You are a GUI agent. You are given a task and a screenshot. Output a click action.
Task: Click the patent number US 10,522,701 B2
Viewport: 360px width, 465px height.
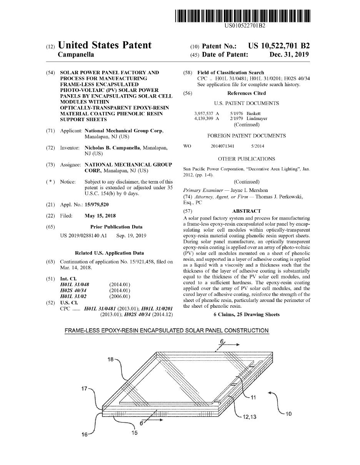point(278,46)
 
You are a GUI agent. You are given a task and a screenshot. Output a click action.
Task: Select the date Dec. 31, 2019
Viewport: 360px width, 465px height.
point(289,55)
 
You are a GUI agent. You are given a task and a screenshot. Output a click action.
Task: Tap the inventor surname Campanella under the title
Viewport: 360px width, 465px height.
point(76,55)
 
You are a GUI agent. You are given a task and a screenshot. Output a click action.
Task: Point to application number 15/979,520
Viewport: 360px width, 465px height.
point(97,205)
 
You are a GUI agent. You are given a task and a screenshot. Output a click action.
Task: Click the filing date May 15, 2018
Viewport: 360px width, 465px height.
point(100,216)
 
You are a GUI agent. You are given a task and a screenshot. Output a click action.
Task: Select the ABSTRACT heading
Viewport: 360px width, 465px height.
point(247,211)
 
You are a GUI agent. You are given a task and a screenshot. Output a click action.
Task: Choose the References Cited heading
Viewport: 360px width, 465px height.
point(246,93)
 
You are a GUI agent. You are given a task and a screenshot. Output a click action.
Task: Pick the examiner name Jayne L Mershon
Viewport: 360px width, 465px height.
point(249,190)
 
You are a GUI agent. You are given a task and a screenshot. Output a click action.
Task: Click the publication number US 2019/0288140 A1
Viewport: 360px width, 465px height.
point(83,235)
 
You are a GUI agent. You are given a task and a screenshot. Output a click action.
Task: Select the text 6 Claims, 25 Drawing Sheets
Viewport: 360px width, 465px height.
point(247,315)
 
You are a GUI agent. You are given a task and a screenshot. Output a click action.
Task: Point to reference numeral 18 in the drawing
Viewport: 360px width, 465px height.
point(110,359)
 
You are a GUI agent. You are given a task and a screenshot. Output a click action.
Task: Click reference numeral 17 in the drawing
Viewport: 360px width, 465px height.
point(84,388)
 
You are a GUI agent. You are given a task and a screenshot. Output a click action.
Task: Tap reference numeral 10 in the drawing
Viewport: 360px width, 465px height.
point(288,414)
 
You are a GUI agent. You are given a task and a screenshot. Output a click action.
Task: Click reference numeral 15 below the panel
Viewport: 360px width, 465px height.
point(134,433)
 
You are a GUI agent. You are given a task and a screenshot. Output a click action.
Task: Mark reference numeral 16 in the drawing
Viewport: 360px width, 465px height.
point(85,434)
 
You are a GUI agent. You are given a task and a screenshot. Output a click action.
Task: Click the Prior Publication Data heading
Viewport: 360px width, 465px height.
point(116,227)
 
